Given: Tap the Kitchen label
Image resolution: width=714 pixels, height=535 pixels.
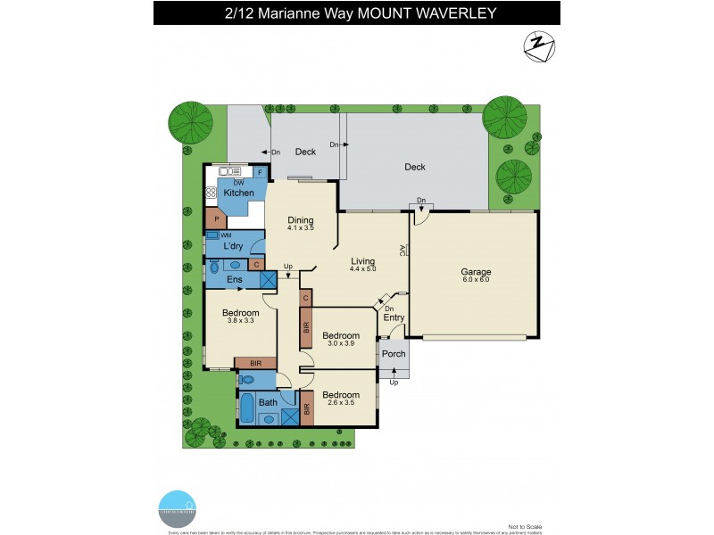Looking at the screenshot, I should (x=239, y=193).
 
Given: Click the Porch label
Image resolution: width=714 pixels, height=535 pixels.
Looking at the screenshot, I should (x=394, y=354).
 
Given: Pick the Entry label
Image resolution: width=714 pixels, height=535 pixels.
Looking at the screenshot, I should (x=394, y=317).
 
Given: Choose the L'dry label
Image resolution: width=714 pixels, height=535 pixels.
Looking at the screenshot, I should (x=235, y=245).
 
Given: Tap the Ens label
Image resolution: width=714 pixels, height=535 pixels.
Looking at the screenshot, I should (x=234, y=280).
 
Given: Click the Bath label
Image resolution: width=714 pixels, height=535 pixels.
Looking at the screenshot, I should (x=268, y=402).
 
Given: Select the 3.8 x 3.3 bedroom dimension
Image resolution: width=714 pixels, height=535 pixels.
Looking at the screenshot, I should (x=241, y=322).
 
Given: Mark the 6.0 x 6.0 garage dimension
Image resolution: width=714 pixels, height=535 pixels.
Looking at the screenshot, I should (x=477, y=280).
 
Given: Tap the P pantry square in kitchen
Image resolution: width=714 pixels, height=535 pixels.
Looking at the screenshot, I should (x=216, y=218).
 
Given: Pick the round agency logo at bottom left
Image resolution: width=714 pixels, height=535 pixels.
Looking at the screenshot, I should (x=178, y=506).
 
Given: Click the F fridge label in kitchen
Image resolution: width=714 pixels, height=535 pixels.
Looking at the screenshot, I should (x=260, y=172).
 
